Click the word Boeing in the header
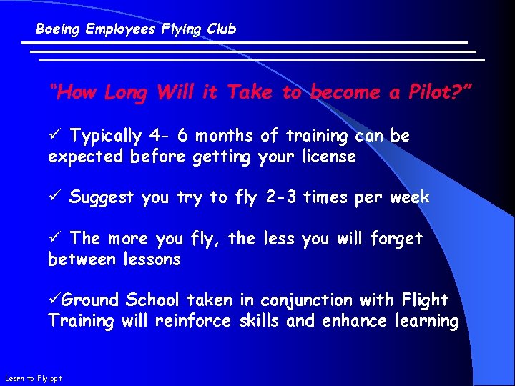pyautogui.click(x=58, y=29)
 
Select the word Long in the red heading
pyautogui.click(x=126, y=92)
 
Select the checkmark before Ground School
pyautogui.click(x=54, y=300)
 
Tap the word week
pyautogui.click(x=409, y=197)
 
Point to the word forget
pyautogui.click(x=396, y=239)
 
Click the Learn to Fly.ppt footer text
pyautogui.click(x=33, y=378)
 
